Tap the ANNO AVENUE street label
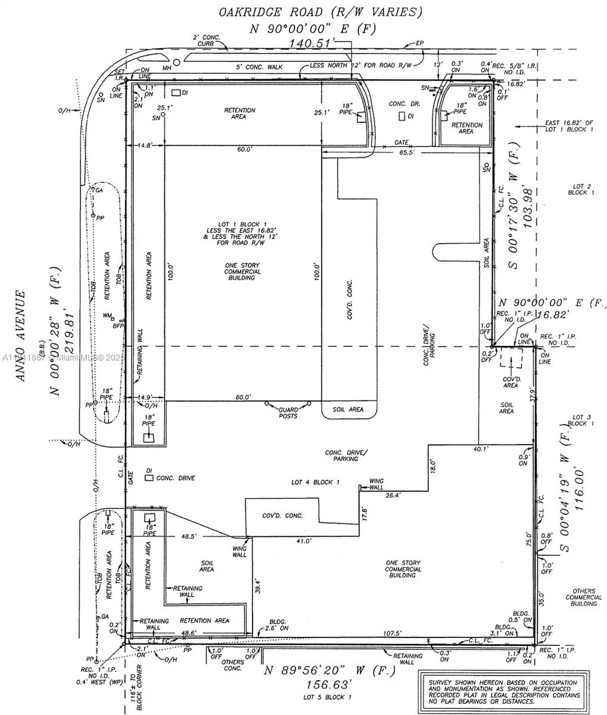coord(22,336)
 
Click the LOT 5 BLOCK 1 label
coord(328,697)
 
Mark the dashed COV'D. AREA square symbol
coord(510,360)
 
